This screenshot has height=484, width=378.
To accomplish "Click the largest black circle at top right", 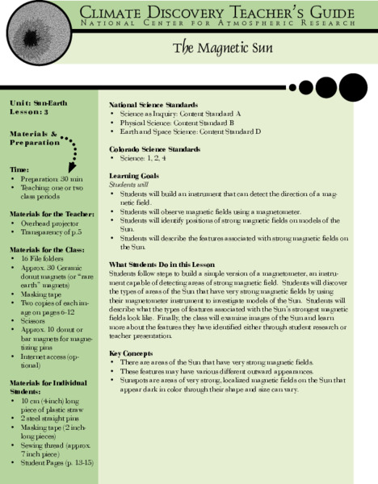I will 353,86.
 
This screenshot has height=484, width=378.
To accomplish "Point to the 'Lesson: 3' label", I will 30,113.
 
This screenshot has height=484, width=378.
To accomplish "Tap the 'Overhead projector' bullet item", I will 50,222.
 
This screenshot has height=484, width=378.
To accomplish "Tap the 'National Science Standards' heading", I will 152,106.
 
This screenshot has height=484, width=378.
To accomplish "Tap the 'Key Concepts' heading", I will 131,353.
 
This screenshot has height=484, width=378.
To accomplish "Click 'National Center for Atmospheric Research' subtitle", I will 218,24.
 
